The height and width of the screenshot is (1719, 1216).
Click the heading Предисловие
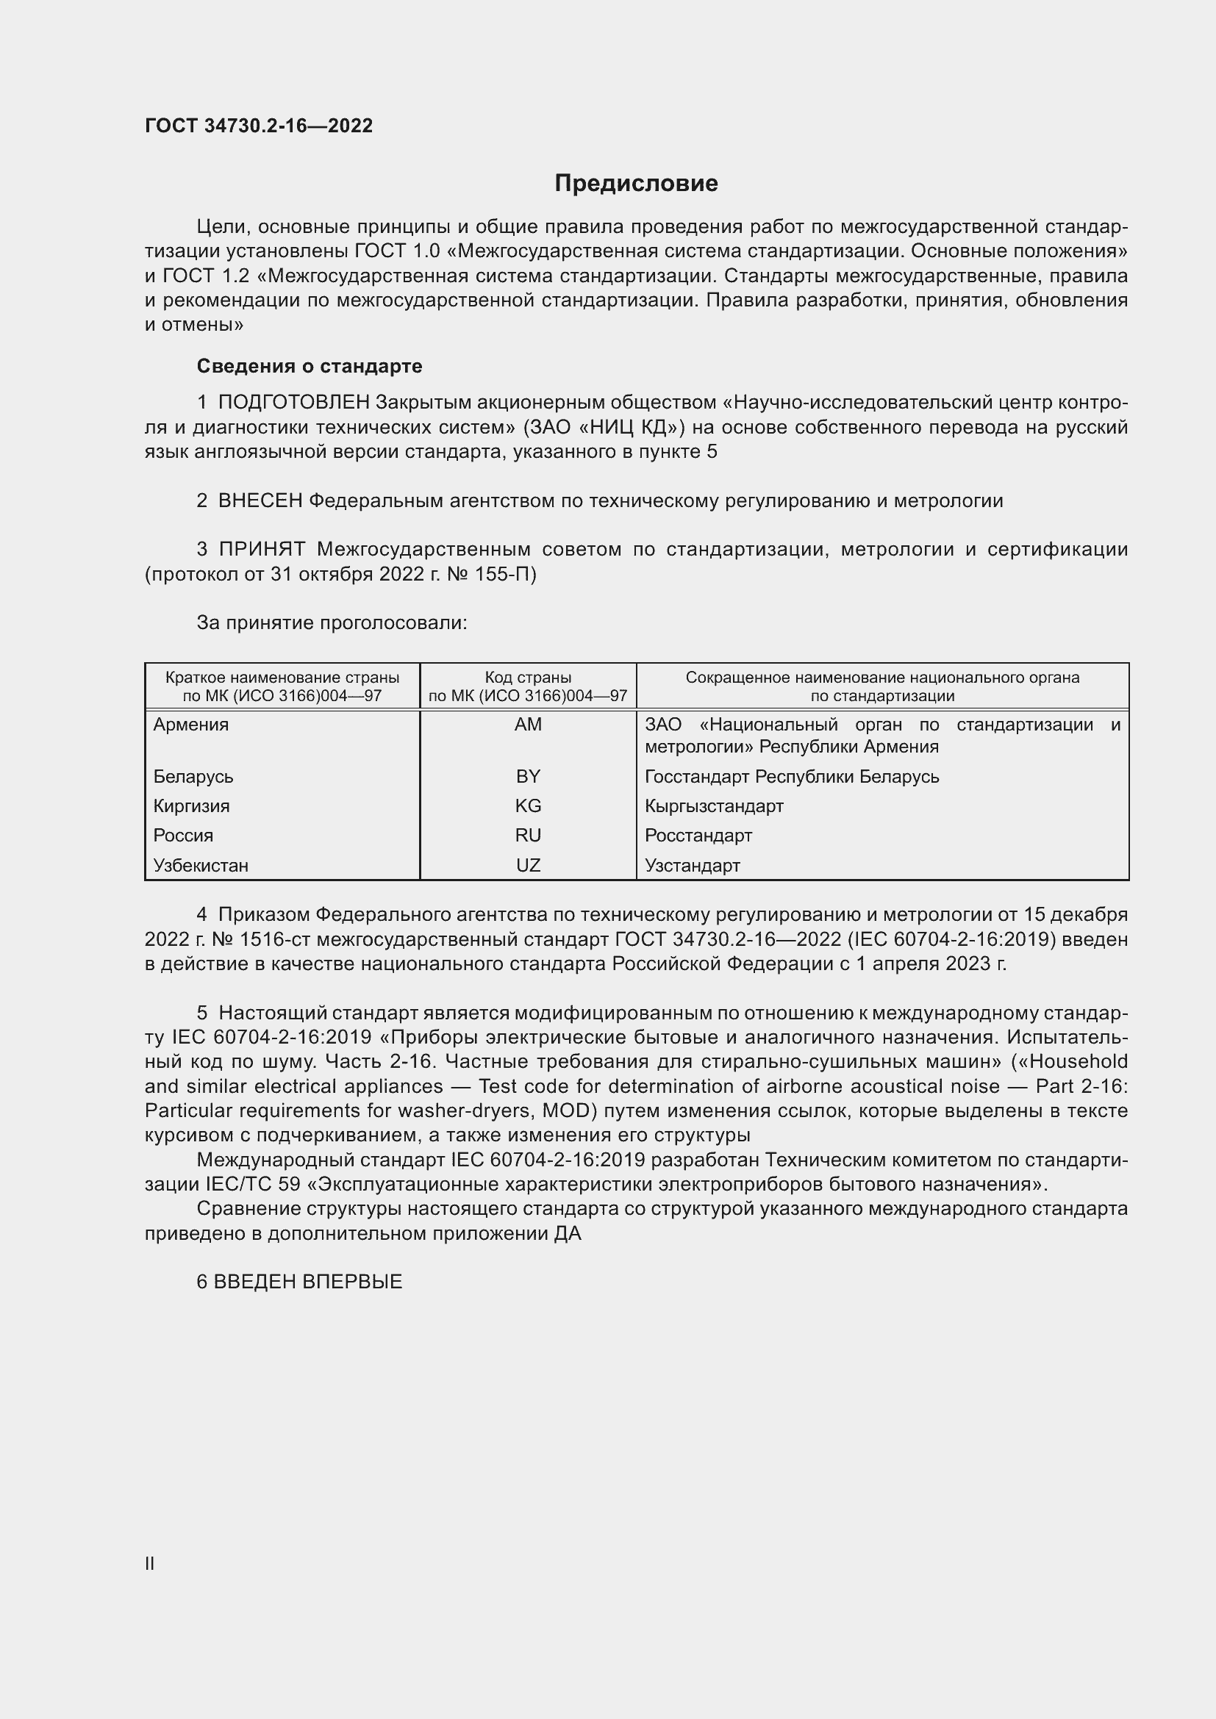(636, 184)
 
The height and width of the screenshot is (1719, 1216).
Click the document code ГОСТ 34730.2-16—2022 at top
(258, 126)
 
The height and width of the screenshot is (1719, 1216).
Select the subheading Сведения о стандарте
(310, 366)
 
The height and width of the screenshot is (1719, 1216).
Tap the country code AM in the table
(528, 725)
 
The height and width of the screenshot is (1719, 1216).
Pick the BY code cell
(528, 776)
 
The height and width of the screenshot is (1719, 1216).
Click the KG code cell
(528, 806)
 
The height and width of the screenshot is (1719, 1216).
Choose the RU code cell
(528, 836)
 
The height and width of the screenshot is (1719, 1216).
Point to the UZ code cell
(528, 866)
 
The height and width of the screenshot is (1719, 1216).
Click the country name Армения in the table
(191, 725)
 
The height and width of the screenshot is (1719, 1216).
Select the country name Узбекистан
(201, 866)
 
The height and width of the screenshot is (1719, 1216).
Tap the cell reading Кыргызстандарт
(714, 806)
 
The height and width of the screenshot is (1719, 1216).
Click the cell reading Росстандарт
(698, 836)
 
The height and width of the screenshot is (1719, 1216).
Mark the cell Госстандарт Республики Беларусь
(792, 776)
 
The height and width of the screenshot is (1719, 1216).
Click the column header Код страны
(528, 678)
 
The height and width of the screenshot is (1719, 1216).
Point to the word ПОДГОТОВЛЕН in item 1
(293, 403)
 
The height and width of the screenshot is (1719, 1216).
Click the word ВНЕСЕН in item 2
(260, 501)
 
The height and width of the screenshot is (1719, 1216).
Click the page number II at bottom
(150, 1563)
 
